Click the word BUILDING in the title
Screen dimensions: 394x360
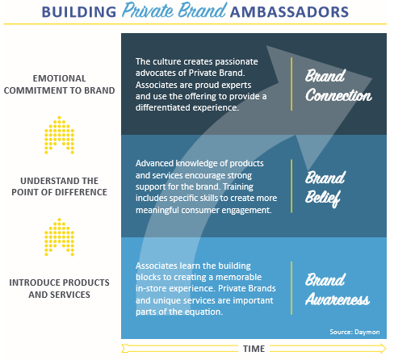[78, 12]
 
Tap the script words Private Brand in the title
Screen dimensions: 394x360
[174, 10]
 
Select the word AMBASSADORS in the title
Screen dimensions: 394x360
[289, 12]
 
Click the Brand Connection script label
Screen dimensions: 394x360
[338, 86]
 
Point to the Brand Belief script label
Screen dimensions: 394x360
[325, 189]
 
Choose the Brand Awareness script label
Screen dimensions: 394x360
[337, 290]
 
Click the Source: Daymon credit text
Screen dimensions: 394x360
[354, 332]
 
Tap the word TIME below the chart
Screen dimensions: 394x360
[254, 349]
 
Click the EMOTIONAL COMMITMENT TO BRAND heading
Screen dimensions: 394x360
[59, 85]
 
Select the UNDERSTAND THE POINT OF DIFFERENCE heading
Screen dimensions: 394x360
[59, 186]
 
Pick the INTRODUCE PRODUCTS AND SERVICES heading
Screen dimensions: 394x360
[59, 288]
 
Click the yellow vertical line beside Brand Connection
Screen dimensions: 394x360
[291, 84]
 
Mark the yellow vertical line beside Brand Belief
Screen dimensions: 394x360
[291, 186]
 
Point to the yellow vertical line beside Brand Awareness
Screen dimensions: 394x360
[291, 288]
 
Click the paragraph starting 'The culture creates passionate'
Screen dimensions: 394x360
[201, 85]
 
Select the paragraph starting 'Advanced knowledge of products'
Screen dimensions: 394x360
[206, 186]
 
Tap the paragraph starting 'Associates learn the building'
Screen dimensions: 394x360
[206, 288]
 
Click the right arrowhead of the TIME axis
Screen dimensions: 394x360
[383, 349]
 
